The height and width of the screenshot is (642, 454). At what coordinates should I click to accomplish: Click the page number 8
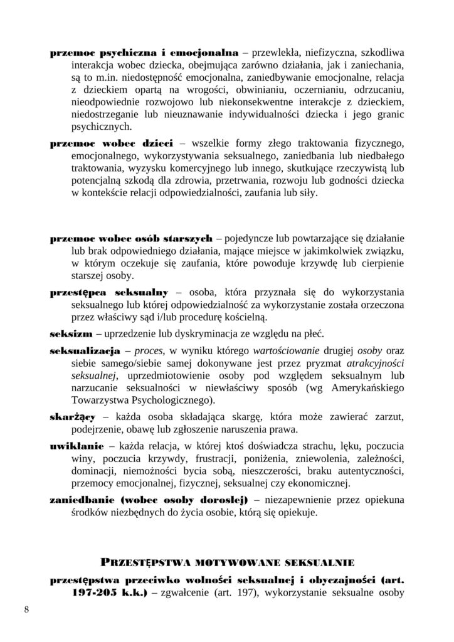coord(26,609)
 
